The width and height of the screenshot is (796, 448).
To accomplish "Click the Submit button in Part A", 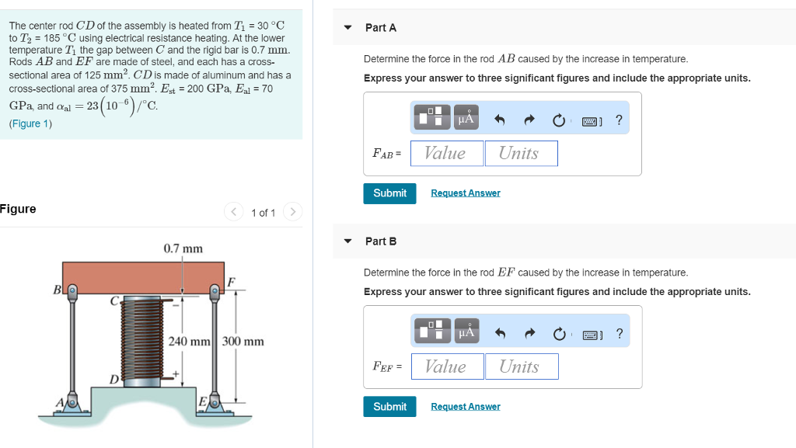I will pyautogui.click(x=389, y=193).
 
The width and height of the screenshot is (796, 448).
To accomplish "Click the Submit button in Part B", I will pyautogui.click(x=389, y=407).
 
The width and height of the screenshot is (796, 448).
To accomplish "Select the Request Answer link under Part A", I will pyautogui.click(x=465, y=193).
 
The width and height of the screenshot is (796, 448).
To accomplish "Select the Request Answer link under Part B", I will pyautogui.click(x=465, y=407).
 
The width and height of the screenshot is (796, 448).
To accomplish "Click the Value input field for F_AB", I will pyautogui.click(x=446, y=154).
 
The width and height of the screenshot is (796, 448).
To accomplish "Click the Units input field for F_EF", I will pyautogui.click(x=522, y=366).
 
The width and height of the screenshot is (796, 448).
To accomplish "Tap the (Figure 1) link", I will pyautogui.click(x=30, y=123).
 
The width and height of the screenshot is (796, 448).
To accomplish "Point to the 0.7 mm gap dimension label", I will pyautogui.click(x=183, y=248).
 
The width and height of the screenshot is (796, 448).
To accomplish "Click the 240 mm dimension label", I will pyautogui.click(x=190, y=342).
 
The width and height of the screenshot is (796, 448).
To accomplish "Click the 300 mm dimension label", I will pyautogui.click(x=243, y=342).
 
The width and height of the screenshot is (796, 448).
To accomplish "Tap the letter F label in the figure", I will pyautogui.click(x=232, y=281).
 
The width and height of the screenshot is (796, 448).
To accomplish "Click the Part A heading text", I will pyautogui.click(x=381, y=28).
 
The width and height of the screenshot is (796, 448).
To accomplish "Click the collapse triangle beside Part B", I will pyautogui.click(x=348, y=241).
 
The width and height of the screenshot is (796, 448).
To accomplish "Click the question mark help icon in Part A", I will pyautogui.click(x=619, y=120).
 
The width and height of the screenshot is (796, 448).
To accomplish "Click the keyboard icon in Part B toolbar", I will pyautogui.click(x=590, y=335).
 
